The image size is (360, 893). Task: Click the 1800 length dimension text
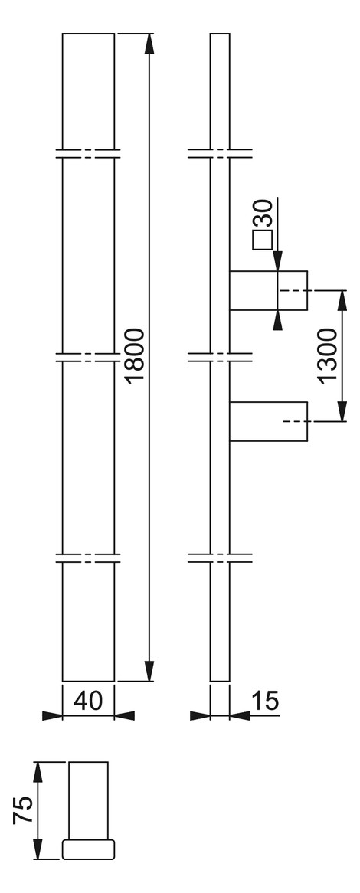(x=136, y=356)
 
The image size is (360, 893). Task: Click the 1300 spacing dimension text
(x=329, y=356)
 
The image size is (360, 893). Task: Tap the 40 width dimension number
(x=88, y=701)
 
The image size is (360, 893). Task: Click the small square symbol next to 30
(x=262, y=240)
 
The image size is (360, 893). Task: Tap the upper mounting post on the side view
(x=268, y=290)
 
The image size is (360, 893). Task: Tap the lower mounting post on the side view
(x=268, y=421)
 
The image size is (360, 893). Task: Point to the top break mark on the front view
(x=88, y=154)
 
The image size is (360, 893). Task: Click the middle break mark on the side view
(x=220, y=357)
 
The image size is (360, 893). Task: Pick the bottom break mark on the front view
(x=88, y=558)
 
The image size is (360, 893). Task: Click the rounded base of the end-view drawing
(x=88, y=849)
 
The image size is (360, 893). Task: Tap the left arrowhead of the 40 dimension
(x=52, y=716)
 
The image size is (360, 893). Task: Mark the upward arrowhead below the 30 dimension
(x=277, y=321)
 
